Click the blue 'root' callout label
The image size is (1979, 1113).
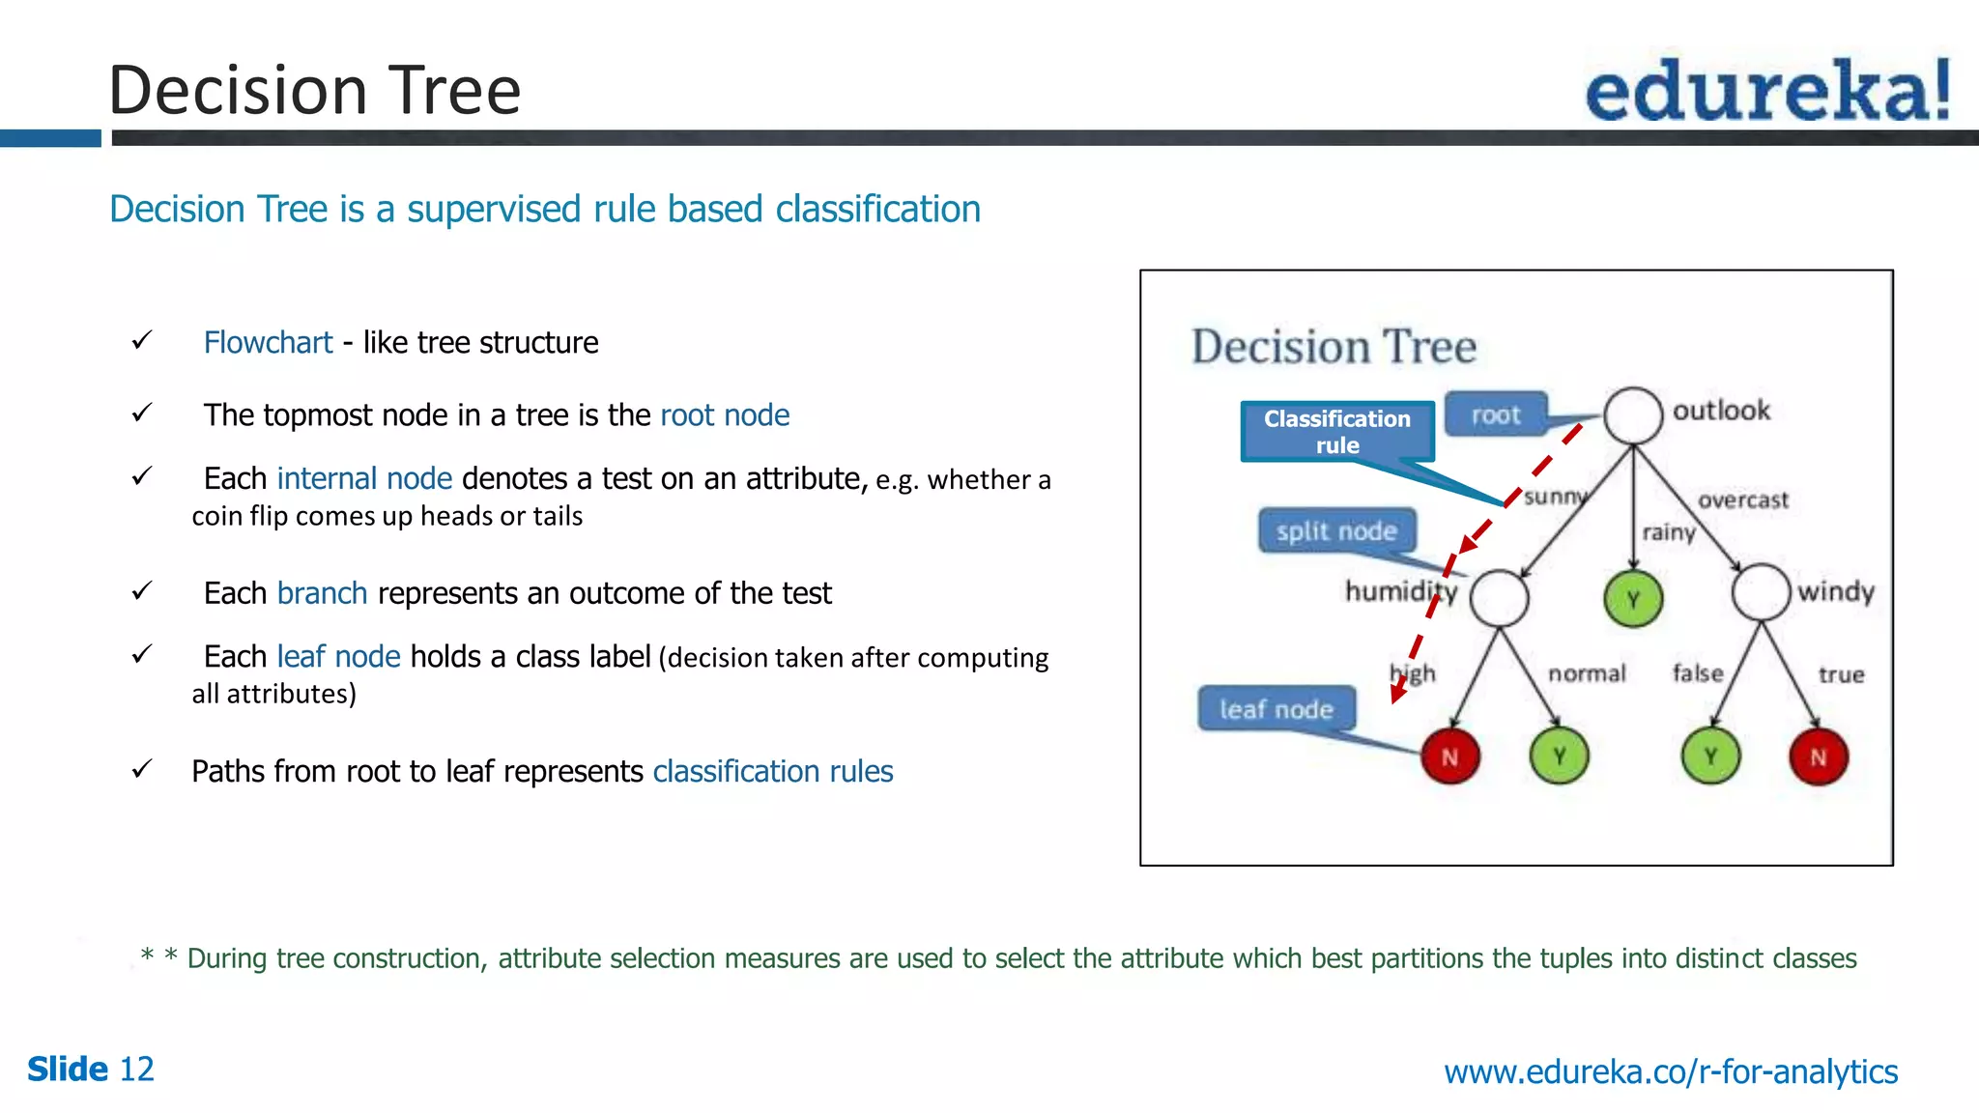[x=1496, y=414]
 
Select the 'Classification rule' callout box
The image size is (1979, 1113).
[x=1336, y=432]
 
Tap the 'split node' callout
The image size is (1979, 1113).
[x=1336, y=530]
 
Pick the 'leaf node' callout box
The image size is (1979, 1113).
[x=1276, y=709]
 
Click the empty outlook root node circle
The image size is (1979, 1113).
[x=1633, y=415]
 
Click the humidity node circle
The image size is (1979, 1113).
[x=1499, y=598]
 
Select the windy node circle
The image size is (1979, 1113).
[x=1761, y=592]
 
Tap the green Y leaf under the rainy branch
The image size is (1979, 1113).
[x=1633, y=599]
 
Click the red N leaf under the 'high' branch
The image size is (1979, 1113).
[x=1449, y=756]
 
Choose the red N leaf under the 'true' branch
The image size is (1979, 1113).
[x=1818, y=756]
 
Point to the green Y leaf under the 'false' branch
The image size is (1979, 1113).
[x=1710, y=756]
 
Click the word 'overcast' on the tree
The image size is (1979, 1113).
[x=1743, y=499]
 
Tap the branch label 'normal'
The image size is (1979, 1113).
[x=1587, y=673]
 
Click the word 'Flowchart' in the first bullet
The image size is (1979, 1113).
[x=268, y=342]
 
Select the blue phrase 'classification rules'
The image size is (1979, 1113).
[x=773, y=771]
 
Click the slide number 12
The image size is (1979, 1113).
[x=136, y=1070]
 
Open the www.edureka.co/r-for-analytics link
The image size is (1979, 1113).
[x=1671, y=1071]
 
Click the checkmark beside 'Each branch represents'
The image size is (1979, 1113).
[x=142, y=590]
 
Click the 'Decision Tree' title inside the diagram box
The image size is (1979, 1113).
[x=1334, y=347]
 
